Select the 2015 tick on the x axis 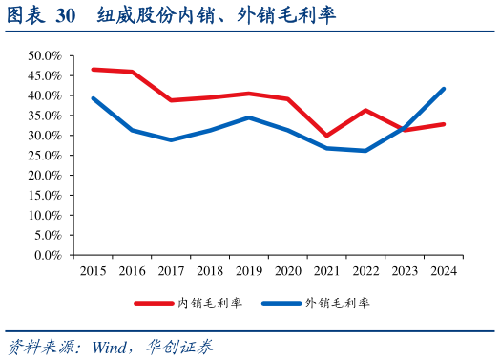[x=93, y=271]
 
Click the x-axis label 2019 [x=248, y=271]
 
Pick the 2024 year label [x=443, y=271]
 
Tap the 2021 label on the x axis [x=326, y=271]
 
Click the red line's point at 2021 [x=326, y=136]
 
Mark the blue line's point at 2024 [x=443, y=89]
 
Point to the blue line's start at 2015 [x=93, y=98]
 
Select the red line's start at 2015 [x=93, y=69]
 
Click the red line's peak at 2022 [x=365, y=110]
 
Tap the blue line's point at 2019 [x=248, y=117]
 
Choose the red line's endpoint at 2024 [x=443, y=124]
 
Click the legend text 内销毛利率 [x=210, y=304]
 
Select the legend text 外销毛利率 [x=337, y=304]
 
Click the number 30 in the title [x=65, y=16]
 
